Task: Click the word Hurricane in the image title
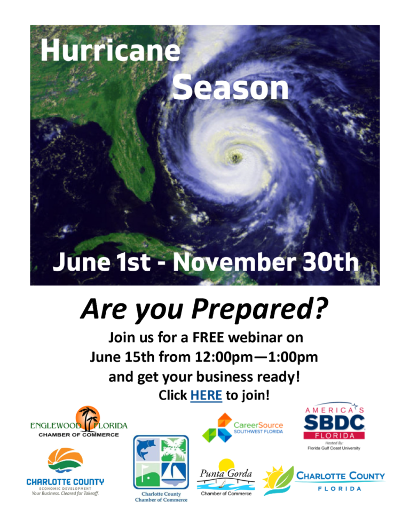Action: [x=110, y=52]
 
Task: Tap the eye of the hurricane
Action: [x=234, y=157]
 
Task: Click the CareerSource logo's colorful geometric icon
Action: [x=216, y=427]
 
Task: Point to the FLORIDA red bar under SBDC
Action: [x=335, y=435]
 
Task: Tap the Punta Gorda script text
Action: [x=226, y=473]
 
